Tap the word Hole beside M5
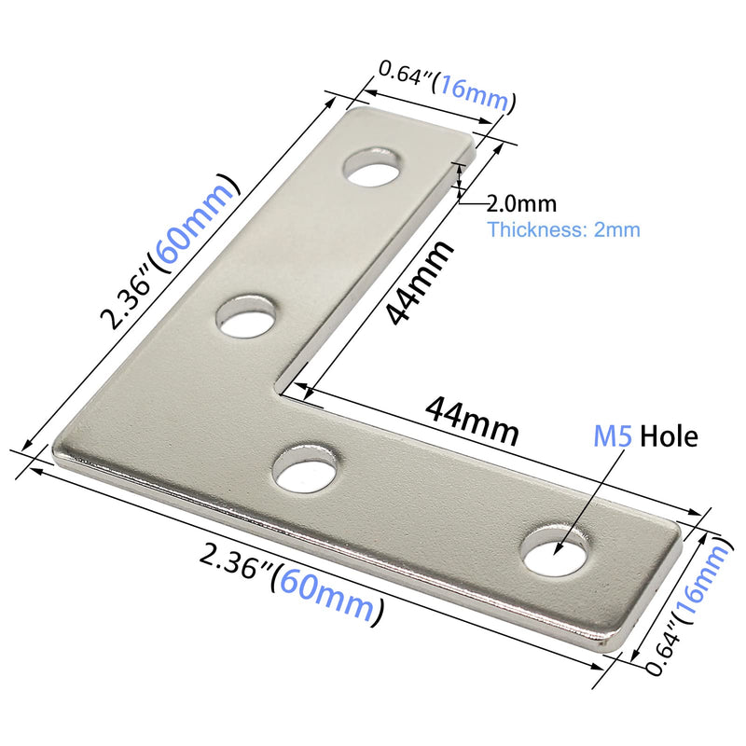coord(669,435)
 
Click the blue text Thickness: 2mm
coord(563,229)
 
